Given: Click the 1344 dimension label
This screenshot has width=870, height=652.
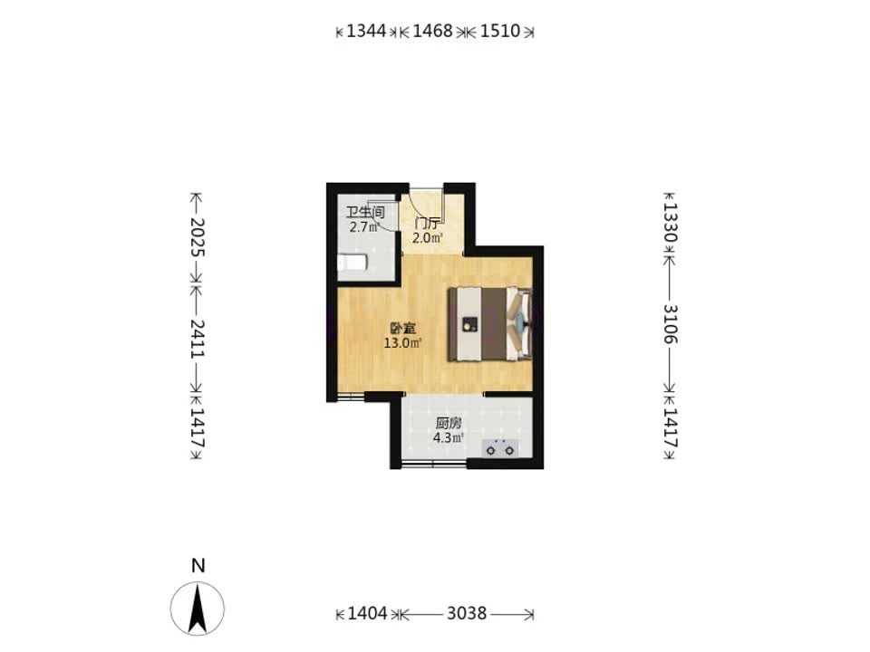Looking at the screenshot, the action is coord(366,31).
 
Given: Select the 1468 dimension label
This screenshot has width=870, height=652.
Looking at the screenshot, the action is coord(433,31).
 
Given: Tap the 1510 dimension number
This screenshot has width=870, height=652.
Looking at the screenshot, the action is coord(500,31).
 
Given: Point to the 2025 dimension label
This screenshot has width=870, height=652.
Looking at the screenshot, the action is coord(198,236).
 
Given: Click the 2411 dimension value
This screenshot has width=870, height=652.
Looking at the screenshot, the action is coord(198,338).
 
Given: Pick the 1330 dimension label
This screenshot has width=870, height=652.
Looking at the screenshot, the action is coord(670,222).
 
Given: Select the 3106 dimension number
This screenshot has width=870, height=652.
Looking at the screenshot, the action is coord(670,324).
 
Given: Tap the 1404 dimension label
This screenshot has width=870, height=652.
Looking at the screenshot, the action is coord(367,613).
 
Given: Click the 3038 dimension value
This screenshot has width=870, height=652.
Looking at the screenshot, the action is coord(467,613).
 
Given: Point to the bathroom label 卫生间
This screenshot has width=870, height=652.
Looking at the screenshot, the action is coord(365,213).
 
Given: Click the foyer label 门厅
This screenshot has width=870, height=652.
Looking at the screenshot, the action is coord(428,225).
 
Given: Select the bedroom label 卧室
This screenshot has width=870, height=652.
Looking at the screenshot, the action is coord(402,329).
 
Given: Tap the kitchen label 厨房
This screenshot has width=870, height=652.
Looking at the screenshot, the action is coord(449,424).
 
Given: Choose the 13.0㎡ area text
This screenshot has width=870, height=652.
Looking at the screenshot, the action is coord(402,343).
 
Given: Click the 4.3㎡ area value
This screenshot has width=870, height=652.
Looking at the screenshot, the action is coord(449,438).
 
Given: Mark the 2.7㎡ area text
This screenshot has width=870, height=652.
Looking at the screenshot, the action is coord(364,226).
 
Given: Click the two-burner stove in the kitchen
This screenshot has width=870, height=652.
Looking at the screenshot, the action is coord(500,448).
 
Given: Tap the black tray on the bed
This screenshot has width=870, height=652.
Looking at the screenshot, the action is coord(470,324).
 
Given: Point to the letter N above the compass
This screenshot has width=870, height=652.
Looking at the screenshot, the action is coord(198,565).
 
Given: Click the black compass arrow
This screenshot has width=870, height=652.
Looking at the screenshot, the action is coord(197,609).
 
